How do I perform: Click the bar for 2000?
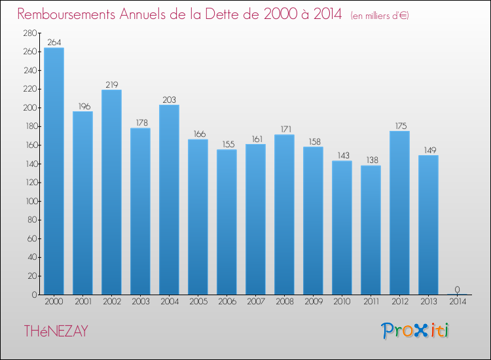(x=54, y=171)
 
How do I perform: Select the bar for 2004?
(x=169, y=200)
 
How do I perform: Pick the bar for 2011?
(x=371, y=230)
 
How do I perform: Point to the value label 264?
(x=54, y=43)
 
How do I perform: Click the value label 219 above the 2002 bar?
(x=111, y=84)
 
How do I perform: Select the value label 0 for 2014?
(x=457, y=289)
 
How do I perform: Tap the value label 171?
(x=284, y=130)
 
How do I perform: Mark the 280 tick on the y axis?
(x=29, y=33)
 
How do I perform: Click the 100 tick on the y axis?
(x=29, y=201)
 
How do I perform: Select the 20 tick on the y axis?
(x=31, y=276)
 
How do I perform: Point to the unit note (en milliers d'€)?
(x=379, y=15)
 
